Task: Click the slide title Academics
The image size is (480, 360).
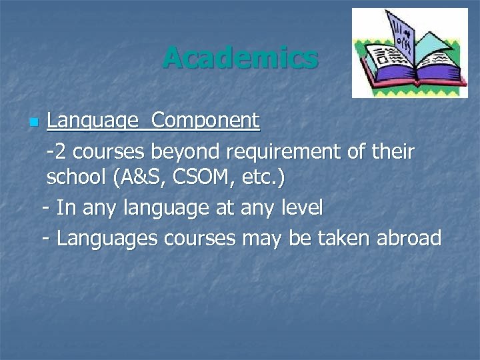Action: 240,57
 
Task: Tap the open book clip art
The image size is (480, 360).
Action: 410,53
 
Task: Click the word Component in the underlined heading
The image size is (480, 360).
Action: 205,121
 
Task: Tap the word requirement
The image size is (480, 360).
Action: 284,153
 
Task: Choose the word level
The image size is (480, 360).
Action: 299,208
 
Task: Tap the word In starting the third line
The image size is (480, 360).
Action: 65,208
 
